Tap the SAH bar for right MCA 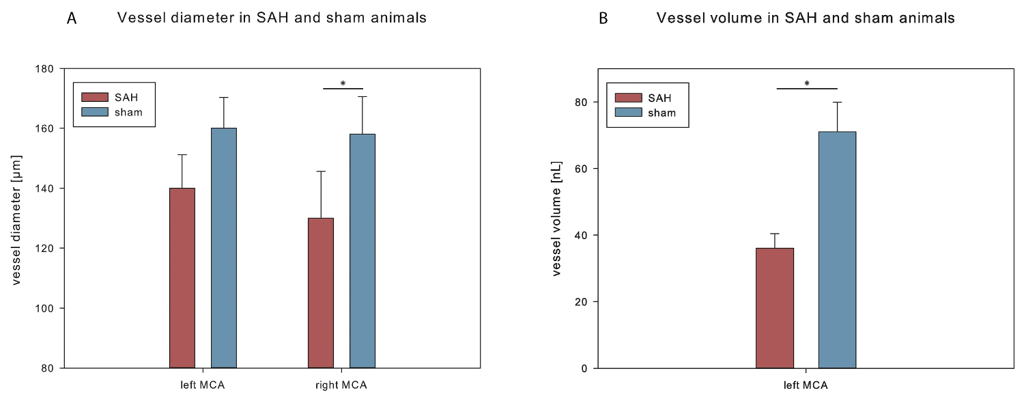(x=321, y=293)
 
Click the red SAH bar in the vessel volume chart (x=775, y=308)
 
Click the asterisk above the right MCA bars (x=343, y=84)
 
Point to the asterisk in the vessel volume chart (x=807, y=84)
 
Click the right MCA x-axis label (x=341, y=385)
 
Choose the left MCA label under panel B (x=806, y=385)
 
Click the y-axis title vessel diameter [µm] (x=18, y=218)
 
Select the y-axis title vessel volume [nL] (x=556, y=219)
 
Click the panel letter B (x=603, y=19)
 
